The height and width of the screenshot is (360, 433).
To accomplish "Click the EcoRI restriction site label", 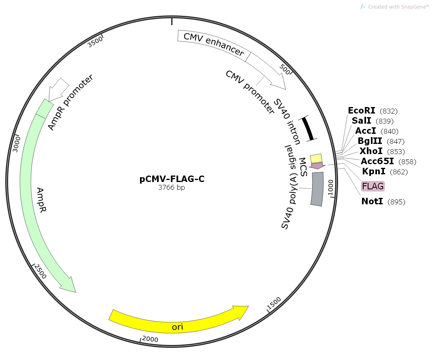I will (362, 111).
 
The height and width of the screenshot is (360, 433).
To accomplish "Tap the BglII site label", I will (369, 141).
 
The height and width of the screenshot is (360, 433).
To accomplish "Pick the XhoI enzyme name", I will (371, 151).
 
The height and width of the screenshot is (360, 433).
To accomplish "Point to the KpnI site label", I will (374, 171).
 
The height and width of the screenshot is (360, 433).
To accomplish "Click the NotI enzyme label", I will (372, 201).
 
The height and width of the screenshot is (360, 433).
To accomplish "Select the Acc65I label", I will (377, 161).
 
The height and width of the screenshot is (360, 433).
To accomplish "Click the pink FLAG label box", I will (373, 186).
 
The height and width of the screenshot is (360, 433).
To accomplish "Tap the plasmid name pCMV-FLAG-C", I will (172, 179).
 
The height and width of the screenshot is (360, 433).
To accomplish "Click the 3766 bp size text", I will (172, 188).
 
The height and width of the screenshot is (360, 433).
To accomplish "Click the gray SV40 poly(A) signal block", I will (317, 189).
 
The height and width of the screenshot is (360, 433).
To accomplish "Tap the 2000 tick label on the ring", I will (150, 339).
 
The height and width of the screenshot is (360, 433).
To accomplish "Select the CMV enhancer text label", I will (213, 45).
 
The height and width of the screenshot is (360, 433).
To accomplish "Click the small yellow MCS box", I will (316, 158).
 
